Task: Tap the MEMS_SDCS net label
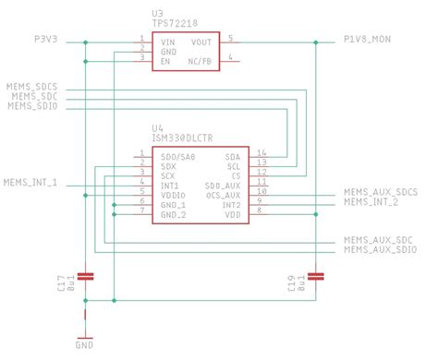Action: click(32, 85)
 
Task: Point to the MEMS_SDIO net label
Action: click(32, 106)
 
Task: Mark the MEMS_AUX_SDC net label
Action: click(378, 239)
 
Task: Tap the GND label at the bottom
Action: click(84, 345)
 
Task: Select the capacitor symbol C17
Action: click(85, 275)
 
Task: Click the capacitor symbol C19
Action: click(317, 275)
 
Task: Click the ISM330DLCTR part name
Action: click(184, 138)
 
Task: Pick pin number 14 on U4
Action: click(262, 152)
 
